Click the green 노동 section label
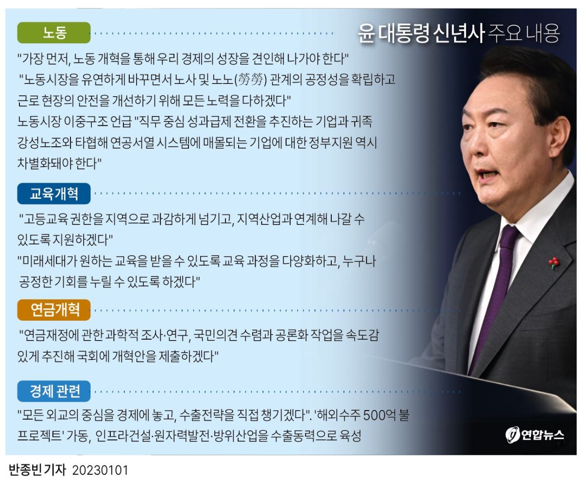coord(54,33)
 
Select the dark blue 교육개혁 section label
coord(54,193)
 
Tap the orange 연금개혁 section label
coord(54,310)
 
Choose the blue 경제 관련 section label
coord(54,391)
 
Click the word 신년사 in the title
coord(459,34)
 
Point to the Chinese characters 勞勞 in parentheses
coord(251,80)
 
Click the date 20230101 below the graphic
coord(100,470)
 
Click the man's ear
coord(559,142)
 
